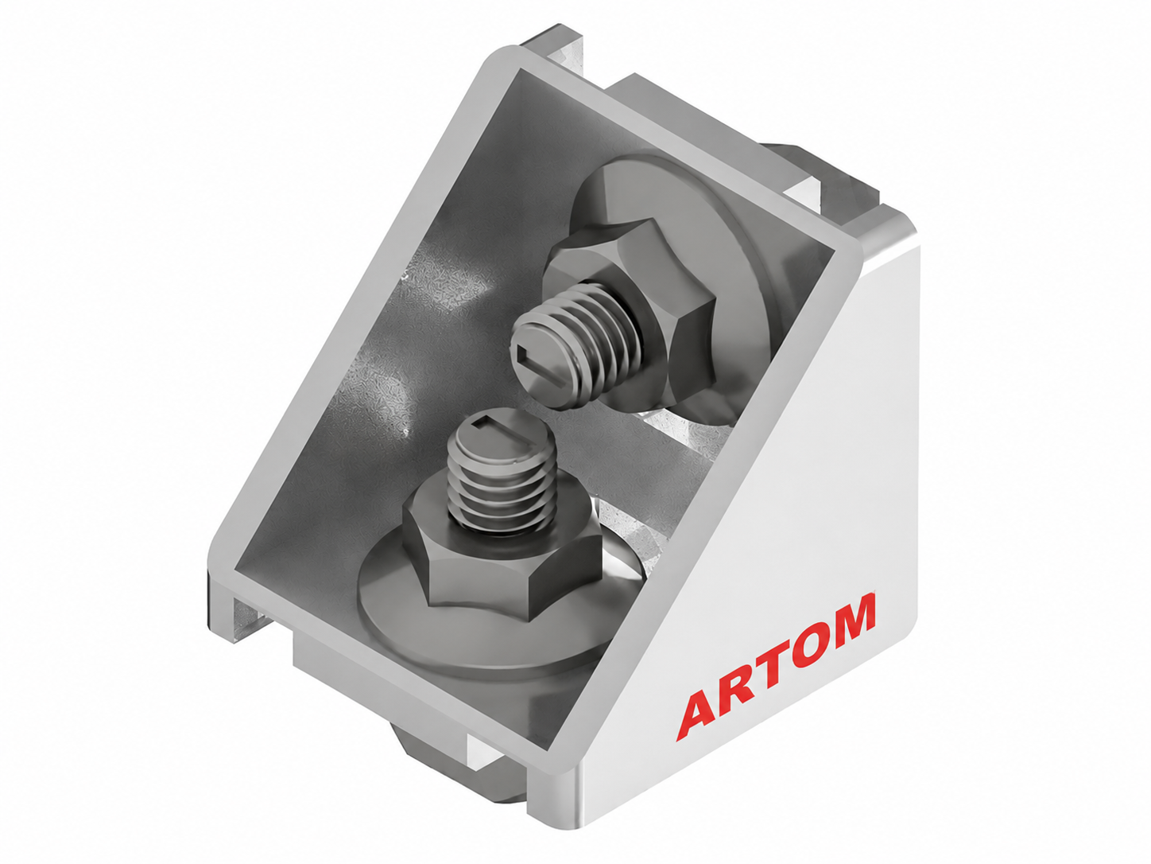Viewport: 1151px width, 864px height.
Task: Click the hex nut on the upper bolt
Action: pyautogui.click(x=630, y=304)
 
